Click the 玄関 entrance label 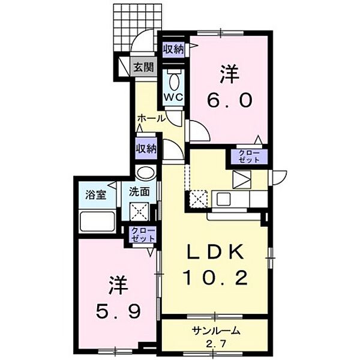tap(143, 67)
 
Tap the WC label tap(173, 96)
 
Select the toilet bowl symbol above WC tap(173, 81)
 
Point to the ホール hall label tap(151, 118)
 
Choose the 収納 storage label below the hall tap(146, 148)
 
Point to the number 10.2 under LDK tap(215, 278)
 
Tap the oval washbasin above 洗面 tap(145, 173)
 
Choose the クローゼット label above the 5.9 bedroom tap(142, 234)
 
